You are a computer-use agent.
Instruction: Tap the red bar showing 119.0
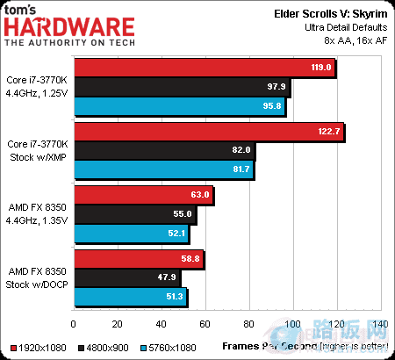click(205, 67)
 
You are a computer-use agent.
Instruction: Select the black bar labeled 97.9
click(183, 87)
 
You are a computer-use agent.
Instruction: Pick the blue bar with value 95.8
click(180, 107)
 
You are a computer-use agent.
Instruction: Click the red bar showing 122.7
click(209, 131)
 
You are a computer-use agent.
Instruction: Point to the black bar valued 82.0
click(165, 150)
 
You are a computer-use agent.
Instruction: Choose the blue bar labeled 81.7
click(164, 170)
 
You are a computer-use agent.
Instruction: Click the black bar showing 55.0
click(135, 213)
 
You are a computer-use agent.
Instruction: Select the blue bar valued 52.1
click(132, 234)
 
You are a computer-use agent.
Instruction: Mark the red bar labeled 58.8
click(139, 258)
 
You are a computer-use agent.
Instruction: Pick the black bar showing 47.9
click(127, 277)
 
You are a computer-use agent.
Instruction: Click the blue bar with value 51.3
click(131, 297)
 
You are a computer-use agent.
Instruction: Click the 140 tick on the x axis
click(378, 326)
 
